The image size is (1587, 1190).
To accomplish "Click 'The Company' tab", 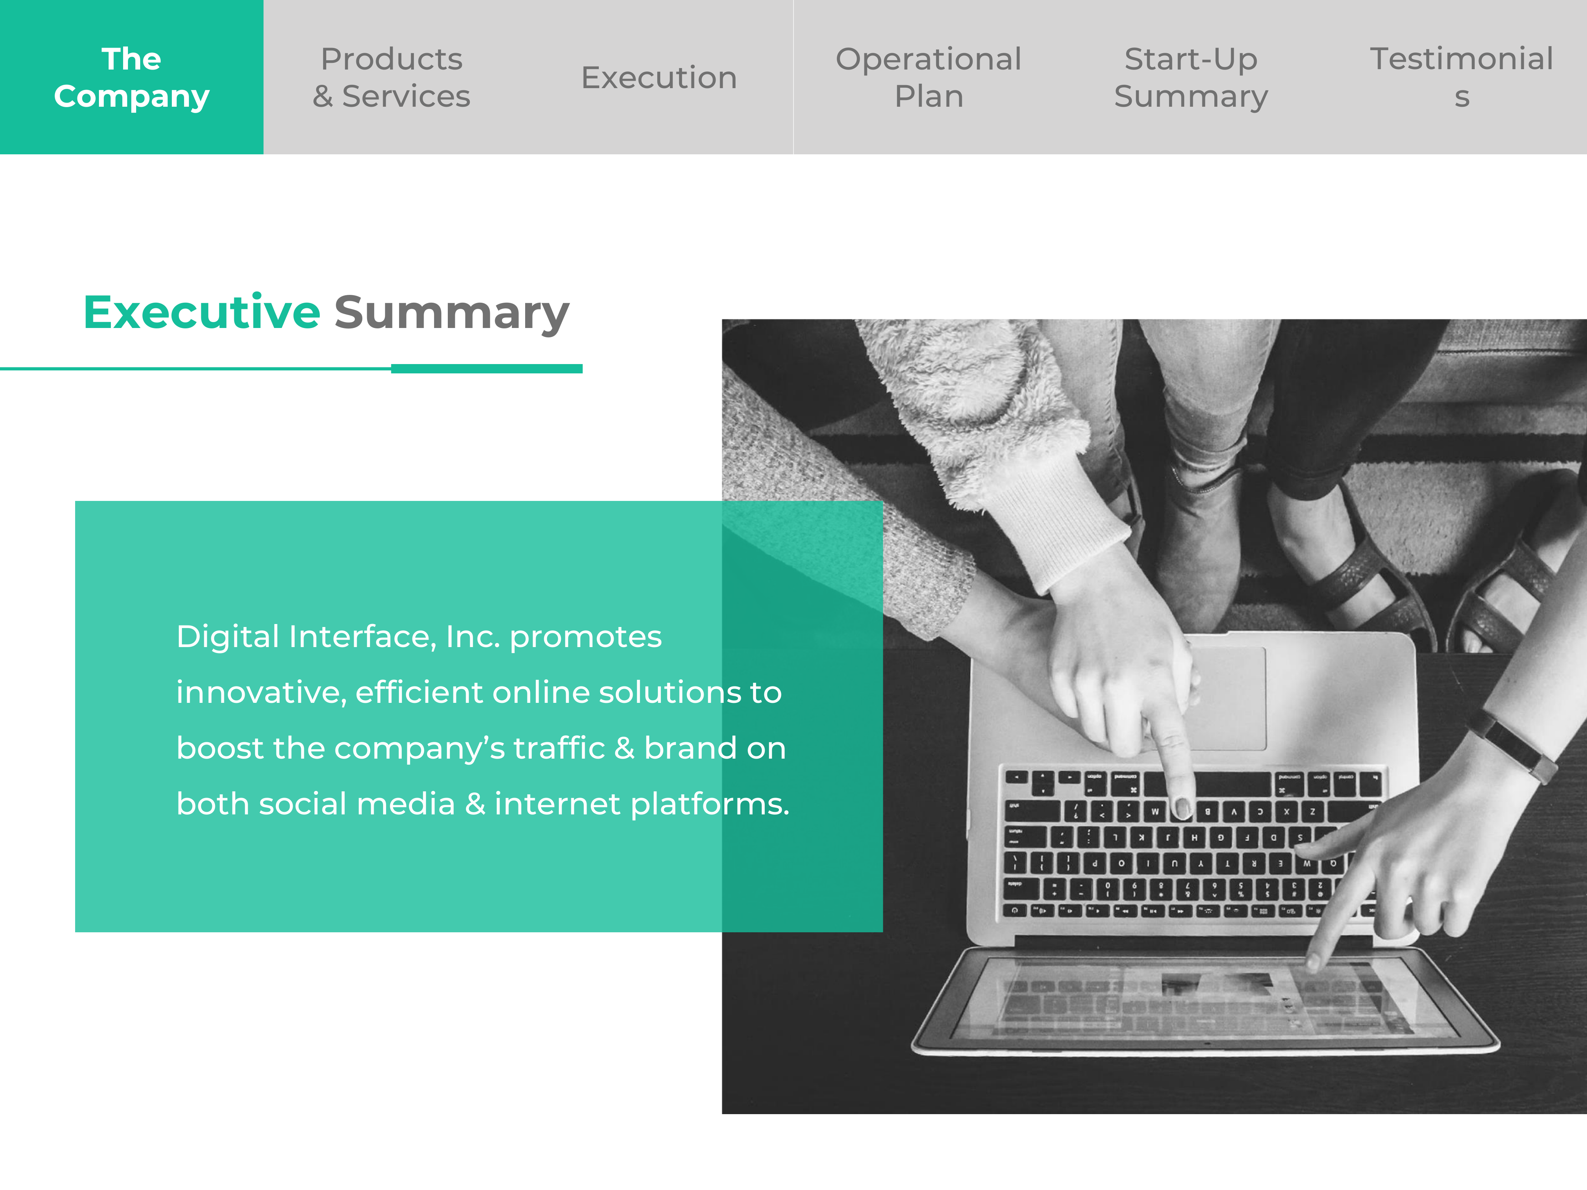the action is pos(131,77).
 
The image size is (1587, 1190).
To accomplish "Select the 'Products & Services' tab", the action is pos(392,77).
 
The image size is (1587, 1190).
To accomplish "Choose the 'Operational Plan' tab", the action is pos(928,77).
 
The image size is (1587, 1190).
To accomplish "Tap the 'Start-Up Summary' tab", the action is pos(1191,77).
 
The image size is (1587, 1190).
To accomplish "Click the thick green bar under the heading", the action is pos(486,369).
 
